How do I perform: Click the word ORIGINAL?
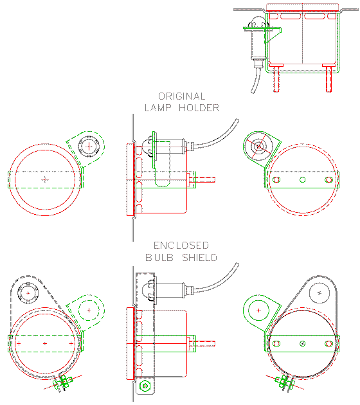pyautogui.click(x=182, y=96)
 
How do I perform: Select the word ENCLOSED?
pyautogui.click(x=181, y=246)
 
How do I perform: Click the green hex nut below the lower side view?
pyautogui.click(x=146, y=386)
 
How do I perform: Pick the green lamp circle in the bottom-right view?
pyautogui.click(x=258, y=310)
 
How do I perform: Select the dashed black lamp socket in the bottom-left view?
pyautogui.click(x=27, y=293)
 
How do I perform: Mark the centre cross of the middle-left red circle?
pyautogui.click(x=44, y=179)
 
